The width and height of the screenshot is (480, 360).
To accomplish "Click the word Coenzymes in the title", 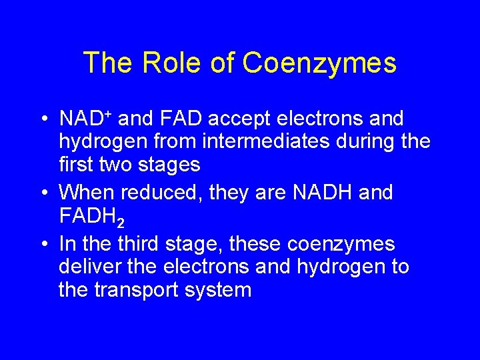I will (x=319, y=63).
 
